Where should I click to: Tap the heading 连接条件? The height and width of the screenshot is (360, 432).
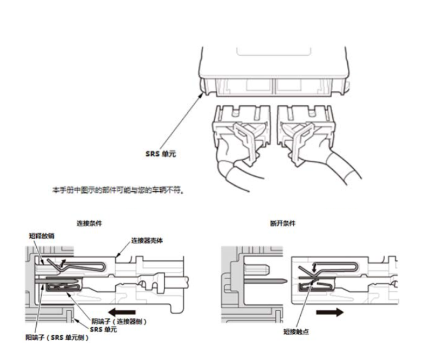(89, 224)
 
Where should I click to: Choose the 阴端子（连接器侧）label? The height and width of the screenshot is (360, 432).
(120, 321)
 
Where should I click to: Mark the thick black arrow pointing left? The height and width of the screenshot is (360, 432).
(121, 312)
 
